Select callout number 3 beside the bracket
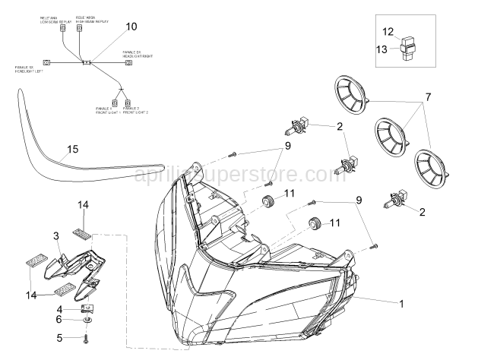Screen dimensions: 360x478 (56, 237)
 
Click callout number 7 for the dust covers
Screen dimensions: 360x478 (428, 97)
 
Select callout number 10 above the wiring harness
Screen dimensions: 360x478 (131, 27)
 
